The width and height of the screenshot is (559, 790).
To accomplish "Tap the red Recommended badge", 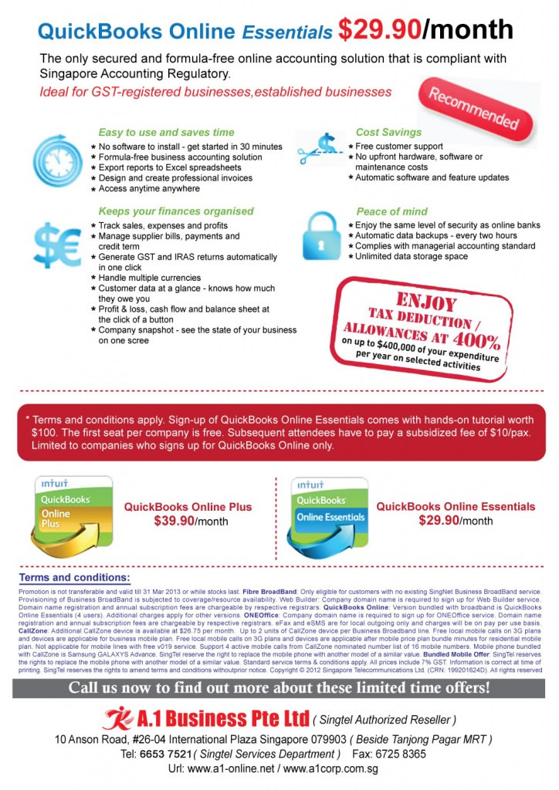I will click(473, 109).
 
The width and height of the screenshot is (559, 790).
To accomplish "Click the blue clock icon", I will click(57, 160).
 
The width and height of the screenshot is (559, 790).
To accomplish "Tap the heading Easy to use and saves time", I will click(166, 132).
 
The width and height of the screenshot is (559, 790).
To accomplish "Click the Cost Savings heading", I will click(388, 132).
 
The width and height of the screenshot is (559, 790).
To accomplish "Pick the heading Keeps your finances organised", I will click(175, 211).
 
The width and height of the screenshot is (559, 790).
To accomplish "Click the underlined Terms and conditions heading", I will click(75, 577).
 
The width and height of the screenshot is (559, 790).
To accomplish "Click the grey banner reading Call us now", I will click(279, 687).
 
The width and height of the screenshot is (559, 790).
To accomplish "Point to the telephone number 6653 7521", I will click(165, 754).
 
